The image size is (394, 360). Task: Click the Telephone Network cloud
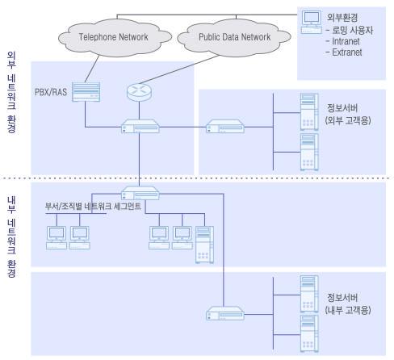[115, 38]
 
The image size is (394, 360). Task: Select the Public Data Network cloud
[234, 38]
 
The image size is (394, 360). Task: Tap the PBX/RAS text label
[51, 92]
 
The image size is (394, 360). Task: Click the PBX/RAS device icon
[86, 92]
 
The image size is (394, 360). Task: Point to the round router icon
[139, 92]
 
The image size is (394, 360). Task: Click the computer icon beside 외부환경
[312, 22]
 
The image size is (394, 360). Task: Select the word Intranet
[346, 41]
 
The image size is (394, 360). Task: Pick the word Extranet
[347, 52]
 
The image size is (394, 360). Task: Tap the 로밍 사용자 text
[353, 30]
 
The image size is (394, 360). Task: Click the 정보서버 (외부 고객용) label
[348, 114]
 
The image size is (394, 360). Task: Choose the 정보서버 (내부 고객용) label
[348, 303]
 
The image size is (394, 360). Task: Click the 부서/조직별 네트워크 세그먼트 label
[93, 207]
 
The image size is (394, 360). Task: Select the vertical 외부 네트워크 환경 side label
[11, 92]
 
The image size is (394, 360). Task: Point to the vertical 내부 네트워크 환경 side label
[11, 237]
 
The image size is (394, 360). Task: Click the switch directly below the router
[140, 126]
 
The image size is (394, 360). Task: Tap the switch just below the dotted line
[140, 193]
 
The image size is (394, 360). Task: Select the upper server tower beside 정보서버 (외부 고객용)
[309, 112]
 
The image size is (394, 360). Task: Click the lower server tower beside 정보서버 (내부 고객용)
[309, 333]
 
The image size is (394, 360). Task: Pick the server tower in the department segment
[204, 245]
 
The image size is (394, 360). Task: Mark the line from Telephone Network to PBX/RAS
[92, 69]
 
